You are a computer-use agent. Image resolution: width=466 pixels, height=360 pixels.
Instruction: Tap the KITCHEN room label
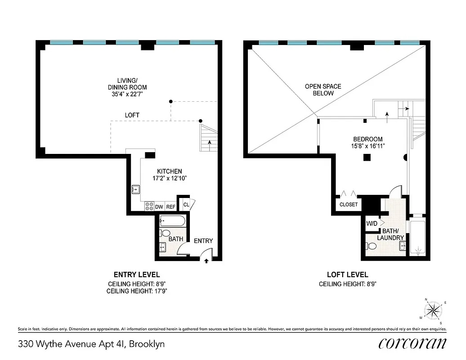pyautogui.click(x=169, y=171)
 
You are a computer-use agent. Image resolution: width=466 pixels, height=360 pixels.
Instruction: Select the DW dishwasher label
pyautogui.click(x=159, y=207)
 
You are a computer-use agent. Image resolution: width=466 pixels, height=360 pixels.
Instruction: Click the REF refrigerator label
pyautogui.click(x=170, y=207)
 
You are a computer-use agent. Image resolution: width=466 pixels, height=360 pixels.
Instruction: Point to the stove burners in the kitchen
pyautogui.click(x=149, y=207)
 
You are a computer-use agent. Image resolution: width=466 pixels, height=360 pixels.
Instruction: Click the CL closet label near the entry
pyautogui.click(x=186, y=205)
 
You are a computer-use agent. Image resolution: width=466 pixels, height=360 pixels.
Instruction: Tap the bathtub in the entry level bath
pyautogui.click(x=172, y=221)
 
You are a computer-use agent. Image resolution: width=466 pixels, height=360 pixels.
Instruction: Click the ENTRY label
pyautogui.click(x=203, y=241)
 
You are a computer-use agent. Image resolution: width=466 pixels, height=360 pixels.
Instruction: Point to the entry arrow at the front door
pyautogui.click(x=206, y=261)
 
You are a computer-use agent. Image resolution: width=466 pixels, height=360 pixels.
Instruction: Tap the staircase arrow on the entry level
pyautogui.click(x=210, y=144)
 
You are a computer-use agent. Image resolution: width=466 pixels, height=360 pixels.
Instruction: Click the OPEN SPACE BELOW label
pyautogui.click(x=323, y=90)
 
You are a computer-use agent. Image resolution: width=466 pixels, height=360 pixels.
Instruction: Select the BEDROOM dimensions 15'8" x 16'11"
pyautogui.click(x=367, y=146)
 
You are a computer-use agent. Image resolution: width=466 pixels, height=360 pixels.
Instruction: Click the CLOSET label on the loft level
pyautogui.click(x=349, y=204)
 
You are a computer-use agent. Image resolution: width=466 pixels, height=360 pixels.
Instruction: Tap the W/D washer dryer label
pyautogui.click(x=372, y=223)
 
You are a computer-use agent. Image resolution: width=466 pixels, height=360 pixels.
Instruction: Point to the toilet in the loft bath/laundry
pyautogui.click(x=372, y=246)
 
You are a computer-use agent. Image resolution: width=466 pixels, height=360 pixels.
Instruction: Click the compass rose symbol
pyautogui.click(x=434, y=310)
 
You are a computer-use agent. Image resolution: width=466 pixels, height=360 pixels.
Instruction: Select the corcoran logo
pyautogui.click(x=412, y=343)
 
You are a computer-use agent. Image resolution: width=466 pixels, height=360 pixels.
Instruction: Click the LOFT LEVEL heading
pyautogui.click(x=347, y=274)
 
